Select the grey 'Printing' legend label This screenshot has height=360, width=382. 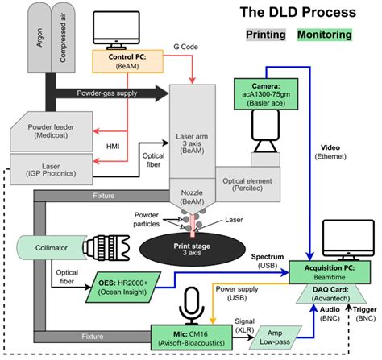(272, 35)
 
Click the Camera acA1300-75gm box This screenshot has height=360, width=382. (265, 89)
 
